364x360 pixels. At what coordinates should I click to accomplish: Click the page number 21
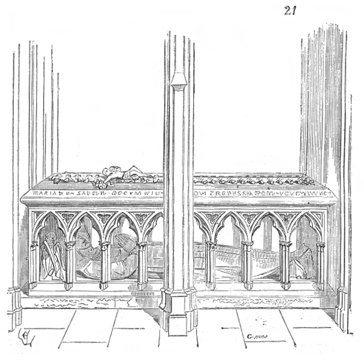coord(291,10)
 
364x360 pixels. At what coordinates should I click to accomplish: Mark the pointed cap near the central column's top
coord(178,81)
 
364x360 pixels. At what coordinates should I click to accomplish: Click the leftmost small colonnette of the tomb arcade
coord(34,264)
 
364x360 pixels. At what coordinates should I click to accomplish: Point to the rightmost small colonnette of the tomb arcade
coord(320,264)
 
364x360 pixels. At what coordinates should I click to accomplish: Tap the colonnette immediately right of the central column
coord(211,264)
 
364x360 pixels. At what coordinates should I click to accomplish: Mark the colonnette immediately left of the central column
coord(143,264)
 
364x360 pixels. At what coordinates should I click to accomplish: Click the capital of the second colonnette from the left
coord(70,245)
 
